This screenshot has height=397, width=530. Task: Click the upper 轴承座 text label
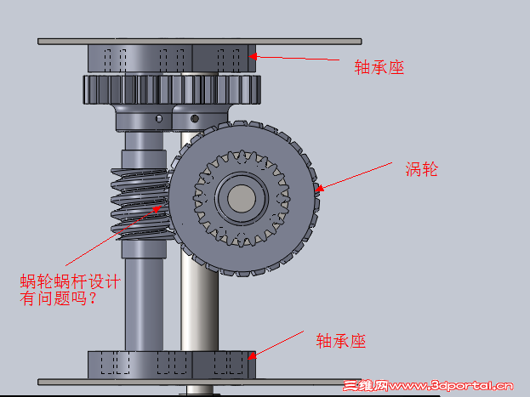(x=379, y=67)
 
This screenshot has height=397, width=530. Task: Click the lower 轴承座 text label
(x=340, y=341)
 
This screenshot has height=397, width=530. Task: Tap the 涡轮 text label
(x=421, y=169)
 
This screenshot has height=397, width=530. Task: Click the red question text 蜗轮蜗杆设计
(x=71, y=281)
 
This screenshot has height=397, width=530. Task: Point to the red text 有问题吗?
(x=59, y=298)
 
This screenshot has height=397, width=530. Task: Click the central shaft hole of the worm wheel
(x=242, y=199)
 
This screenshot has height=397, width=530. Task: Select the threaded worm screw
(x=140, y=204)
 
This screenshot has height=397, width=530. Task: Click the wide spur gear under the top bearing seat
(x=172, y=89)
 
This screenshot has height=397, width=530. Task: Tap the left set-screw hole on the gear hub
(x=158, y=119)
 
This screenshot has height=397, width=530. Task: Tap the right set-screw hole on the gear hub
(x=195, y=119)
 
